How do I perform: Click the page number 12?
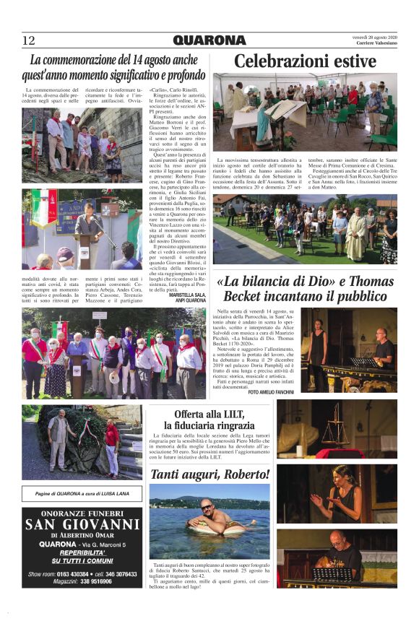tap(29, 40)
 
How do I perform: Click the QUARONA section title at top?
tap(209, 40)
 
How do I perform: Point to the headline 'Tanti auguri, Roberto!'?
tap(209, 474)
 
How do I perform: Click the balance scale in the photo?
tap(333, 434)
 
